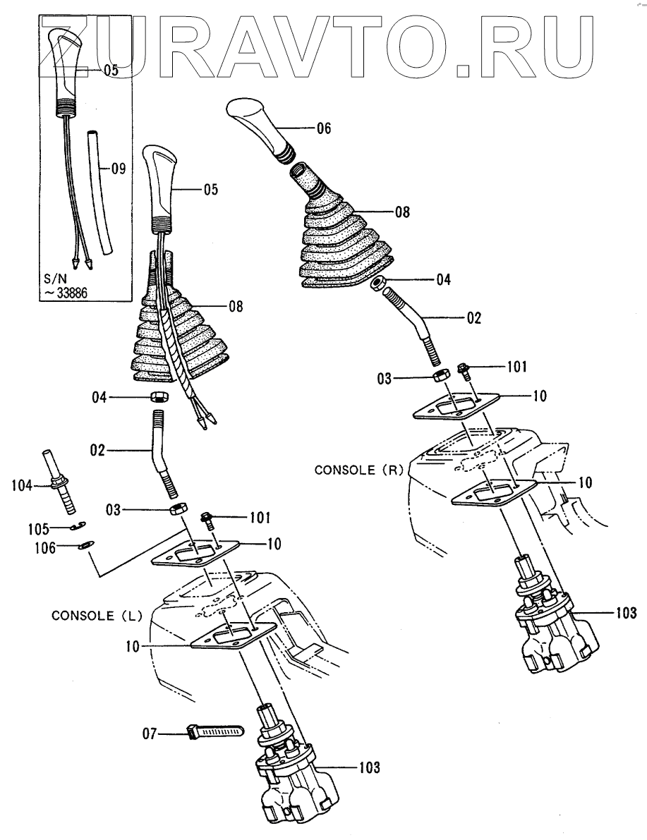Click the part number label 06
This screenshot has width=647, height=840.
pos(323,128)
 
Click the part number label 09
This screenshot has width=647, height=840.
pos(118,169)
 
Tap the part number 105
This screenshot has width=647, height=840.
pos(37,528)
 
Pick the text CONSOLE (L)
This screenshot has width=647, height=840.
pos(97,615)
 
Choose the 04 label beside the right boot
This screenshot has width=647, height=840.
pos(442,279)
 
